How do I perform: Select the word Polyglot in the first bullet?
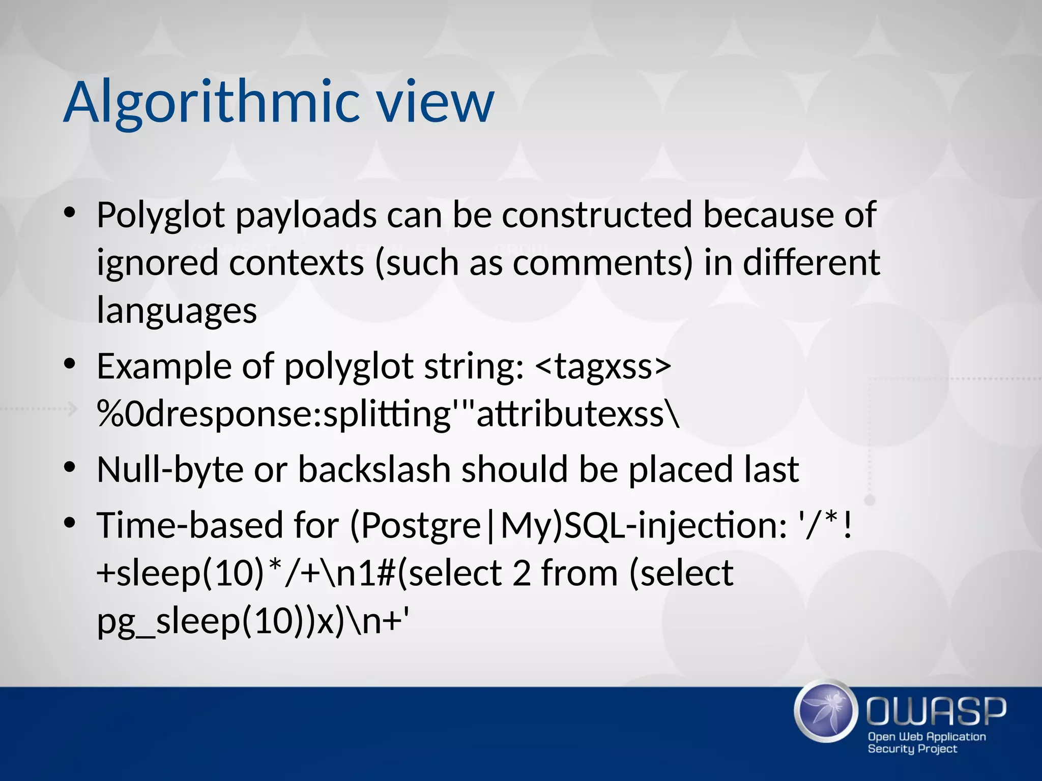161,215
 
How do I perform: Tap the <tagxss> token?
603,366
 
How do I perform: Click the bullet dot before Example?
70,364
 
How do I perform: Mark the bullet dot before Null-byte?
70,467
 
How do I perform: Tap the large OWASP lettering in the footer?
936,711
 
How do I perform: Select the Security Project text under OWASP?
912,748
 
